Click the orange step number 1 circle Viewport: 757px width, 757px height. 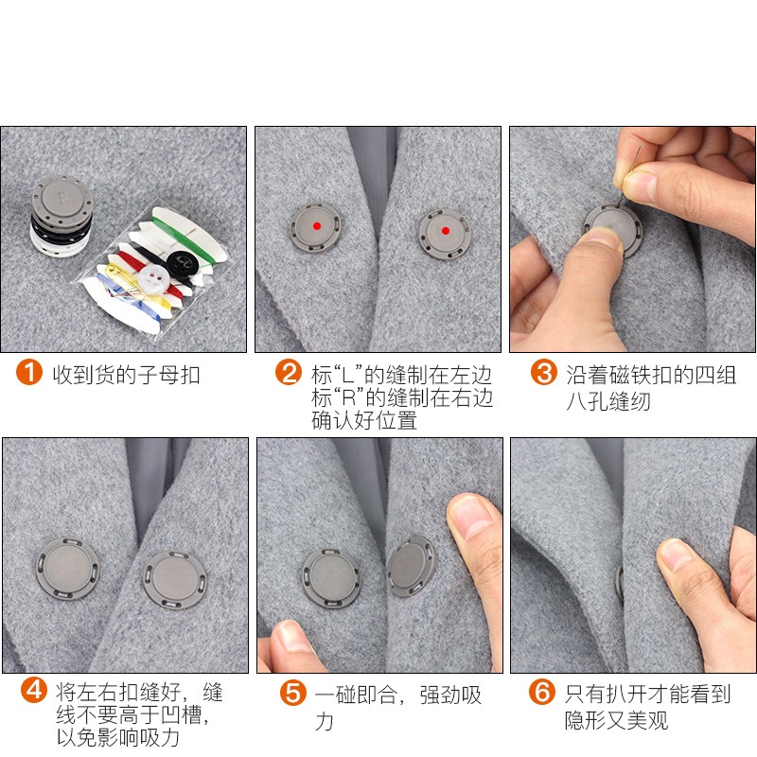(29, 374)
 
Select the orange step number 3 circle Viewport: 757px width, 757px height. (543, 373)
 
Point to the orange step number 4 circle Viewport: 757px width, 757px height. (33, 690)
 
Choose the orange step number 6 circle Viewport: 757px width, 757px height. (542, 694)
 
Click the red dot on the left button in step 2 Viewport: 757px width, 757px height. (315, 226)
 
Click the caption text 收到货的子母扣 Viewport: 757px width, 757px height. (126, 375)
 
